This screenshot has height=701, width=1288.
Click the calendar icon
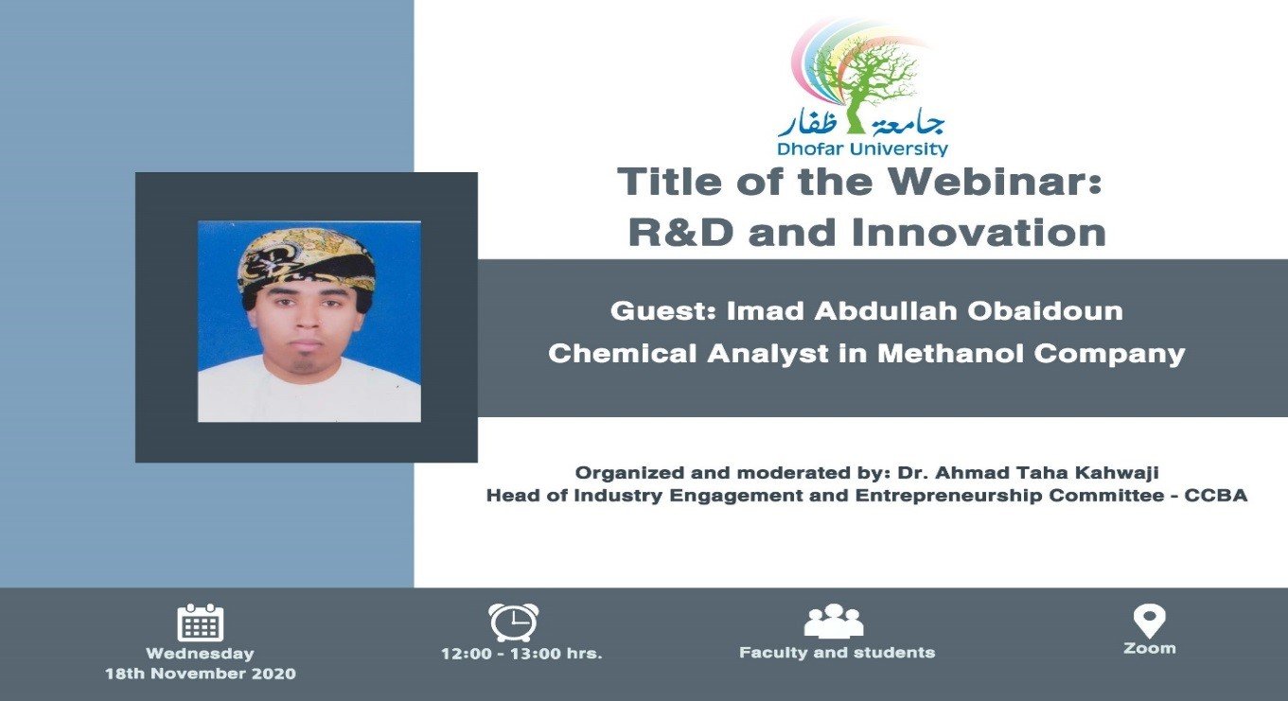200,622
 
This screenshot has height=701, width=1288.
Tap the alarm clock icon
514,622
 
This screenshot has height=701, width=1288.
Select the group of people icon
834,622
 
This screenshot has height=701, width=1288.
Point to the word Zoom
1150,649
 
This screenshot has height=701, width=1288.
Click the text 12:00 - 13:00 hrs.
521,654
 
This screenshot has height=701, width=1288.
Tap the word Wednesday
200,654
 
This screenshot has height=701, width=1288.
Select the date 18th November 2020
200,674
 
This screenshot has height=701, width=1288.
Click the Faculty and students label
838,653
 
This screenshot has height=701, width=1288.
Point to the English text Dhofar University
862,149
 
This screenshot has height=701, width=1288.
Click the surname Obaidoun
1046,311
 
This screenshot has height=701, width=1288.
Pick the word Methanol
951,354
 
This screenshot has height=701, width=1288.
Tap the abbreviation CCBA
1215,496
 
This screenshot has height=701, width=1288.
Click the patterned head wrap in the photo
307,261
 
